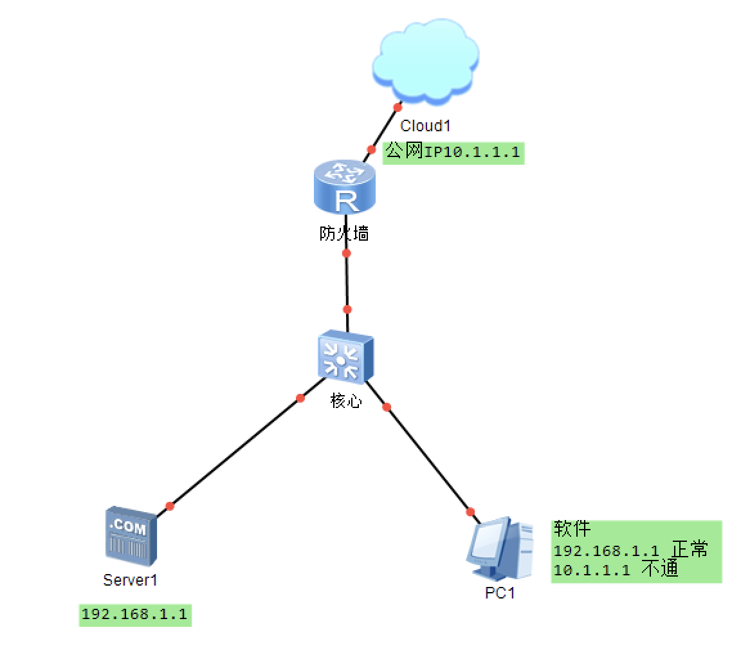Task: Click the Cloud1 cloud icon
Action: coord(426,60)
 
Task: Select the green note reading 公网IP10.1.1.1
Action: coord(453,153)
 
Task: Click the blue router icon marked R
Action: coord(344,188)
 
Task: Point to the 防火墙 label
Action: coord(344,234)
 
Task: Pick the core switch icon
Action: coord(345,356)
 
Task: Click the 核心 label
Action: coord(346,402)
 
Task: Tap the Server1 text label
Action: coord(130,580)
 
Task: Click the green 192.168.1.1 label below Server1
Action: coord(135,614)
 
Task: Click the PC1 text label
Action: coord(500,593)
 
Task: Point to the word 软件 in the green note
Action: coord(572,529)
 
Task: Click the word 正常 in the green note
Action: coord(690,550)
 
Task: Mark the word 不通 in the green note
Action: coord(660,569)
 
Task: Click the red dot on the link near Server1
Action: coord(170,506)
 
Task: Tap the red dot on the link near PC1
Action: coord(470,512)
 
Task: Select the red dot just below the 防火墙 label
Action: coord(347,253)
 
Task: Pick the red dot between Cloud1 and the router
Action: coord(371,149)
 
